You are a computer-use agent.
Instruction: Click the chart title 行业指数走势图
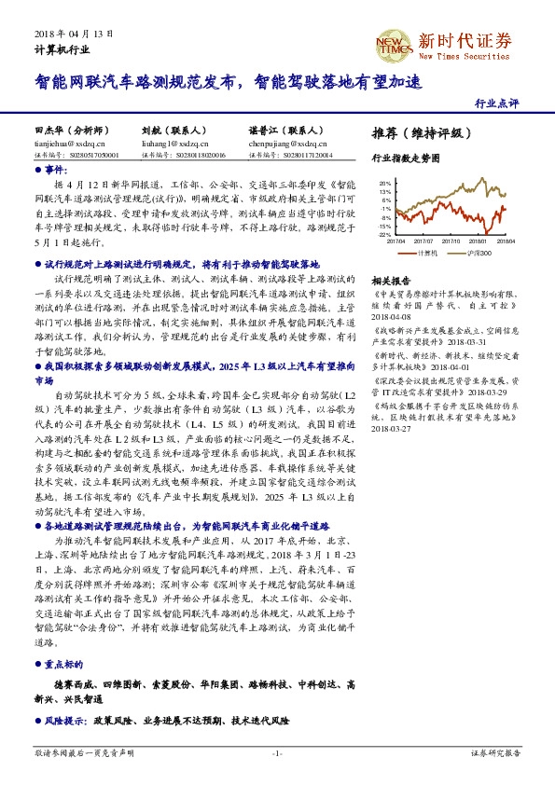405,158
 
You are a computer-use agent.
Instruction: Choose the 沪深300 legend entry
481,252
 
